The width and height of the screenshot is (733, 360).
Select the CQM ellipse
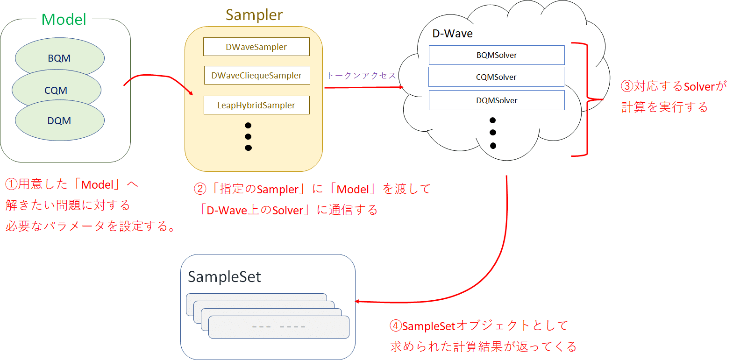coord(56,90)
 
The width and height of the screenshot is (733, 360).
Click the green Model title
coord(64,20)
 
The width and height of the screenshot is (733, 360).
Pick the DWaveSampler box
coord(256,47)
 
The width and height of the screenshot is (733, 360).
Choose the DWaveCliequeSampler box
coord(256,75)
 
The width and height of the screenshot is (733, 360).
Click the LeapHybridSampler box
coord(256,105)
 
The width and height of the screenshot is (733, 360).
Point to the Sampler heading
coord(254,15)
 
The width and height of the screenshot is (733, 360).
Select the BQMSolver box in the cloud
coord(497,55)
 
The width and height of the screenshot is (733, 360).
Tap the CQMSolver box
coord(496,77)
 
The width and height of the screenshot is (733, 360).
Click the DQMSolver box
coord(497,100)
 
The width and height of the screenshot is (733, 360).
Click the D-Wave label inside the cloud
coord(452,34)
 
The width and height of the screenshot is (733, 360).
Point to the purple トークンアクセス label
coord(361,75)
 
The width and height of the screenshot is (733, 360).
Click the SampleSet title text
coord(224,277)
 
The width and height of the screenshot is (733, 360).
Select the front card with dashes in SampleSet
coord(278,327)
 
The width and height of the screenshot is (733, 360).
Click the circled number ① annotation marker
coord(11,184)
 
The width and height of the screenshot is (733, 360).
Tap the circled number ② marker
coord(200,189)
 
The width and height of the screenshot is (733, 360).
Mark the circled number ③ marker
coord(627,86)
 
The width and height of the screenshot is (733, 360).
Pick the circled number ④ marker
coord(396,325)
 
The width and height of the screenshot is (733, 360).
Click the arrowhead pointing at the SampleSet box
coord(357,302)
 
